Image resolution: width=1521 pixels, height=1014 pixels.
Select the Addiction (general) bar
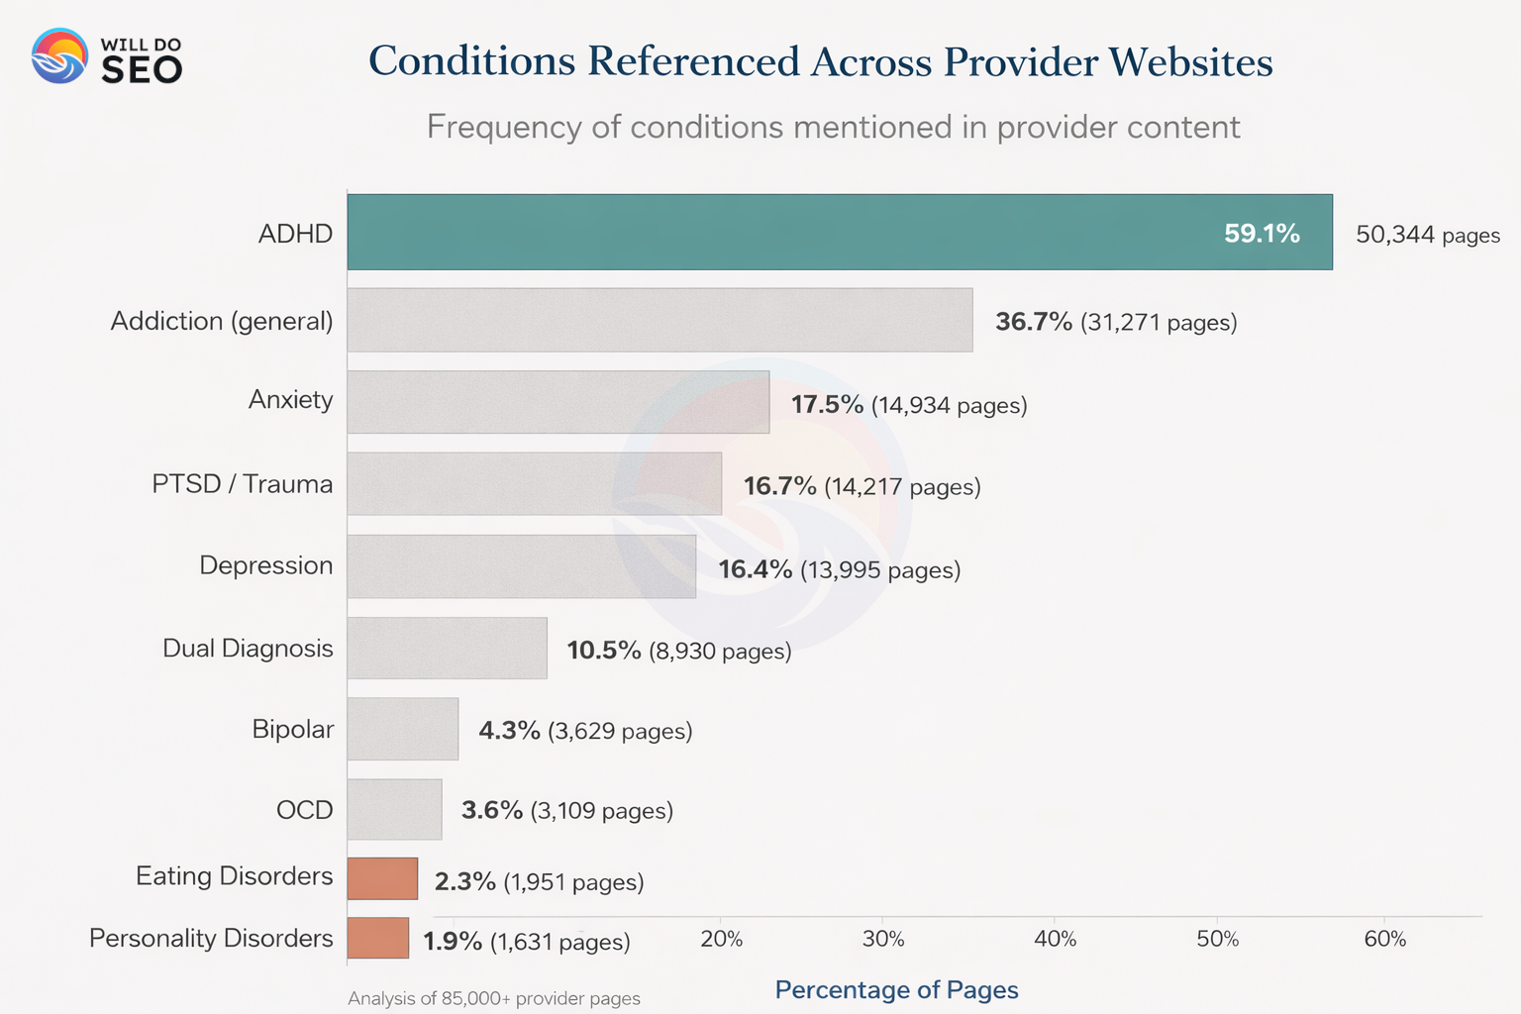659,320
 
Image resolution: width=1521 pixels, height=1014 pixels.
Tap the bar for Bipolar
402,729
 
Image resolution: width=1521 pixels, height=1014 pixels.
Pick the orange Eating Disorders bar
382,878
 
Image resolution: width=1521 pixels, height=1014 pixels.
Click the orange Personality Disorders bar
377,938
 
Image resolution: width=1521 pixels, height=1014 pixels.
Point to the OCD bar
394,809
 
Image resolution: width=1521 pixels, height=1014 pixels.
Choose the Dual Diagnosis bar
447,649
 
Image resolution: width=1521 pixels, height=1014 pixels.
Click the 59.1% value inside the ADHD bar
1262,234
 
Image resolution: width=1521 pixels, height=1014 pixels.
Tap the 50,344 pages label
1427,236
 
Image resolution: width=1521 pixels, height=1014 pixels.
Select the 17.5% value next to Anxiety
827,404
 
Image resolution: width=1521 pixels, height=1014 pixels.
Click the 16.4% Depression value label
755,569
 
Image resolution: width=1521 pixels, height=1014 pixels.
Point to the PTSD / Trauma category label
242,483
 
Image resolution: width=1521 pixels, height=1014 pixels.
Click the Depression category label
265,565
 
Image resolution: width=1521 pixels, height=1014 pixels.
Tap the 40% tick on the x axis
1055,939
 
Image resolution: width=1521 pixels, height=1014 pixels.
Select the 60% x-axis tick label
1384,939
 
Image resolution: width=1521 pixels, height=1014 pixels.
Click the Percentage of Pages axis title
896,989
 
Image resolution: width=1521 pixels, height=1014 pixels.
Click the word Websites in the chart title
1190,61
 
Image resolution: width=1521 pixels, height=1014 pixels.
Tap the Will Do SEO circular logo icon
59,55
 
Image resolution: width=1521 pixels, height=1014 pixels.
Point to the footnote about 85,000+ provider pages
493,998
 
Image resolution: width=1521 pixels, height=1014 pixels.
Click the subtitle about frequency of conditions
833,127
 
